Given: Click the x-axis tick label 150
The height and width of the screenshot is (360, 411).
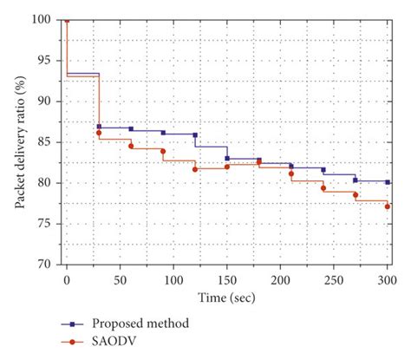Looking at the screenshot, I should (x=226, y=278).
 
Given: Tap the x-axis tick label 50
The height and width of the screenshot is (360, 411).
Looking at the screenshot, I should (x=120, y=278).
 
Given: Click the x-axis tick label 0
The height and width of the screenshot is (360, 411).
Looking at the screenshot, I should (x=67, y=278).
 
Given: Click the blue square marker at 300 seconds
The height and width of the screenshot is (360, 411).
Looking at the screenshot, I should (x=387, y=182).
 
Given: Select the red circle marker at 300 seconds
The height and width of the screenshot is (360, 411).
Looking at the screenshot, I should (x=387, y=206).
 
